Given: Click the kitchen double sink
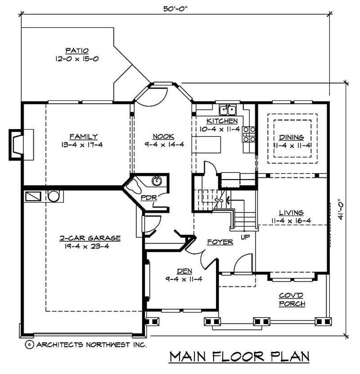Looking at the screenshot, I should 228,110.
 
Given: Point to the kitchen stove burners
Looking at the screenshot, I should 249,135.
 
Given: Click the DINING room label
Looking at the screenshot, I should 291,137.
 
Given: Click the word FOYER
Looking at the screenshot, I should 220,242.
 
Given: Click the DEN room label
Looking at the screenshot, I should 182,271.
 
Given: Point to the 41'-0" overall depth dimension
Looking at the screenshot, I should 342,210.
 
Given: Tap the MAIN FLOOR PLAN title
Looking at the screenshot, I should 239,356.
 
